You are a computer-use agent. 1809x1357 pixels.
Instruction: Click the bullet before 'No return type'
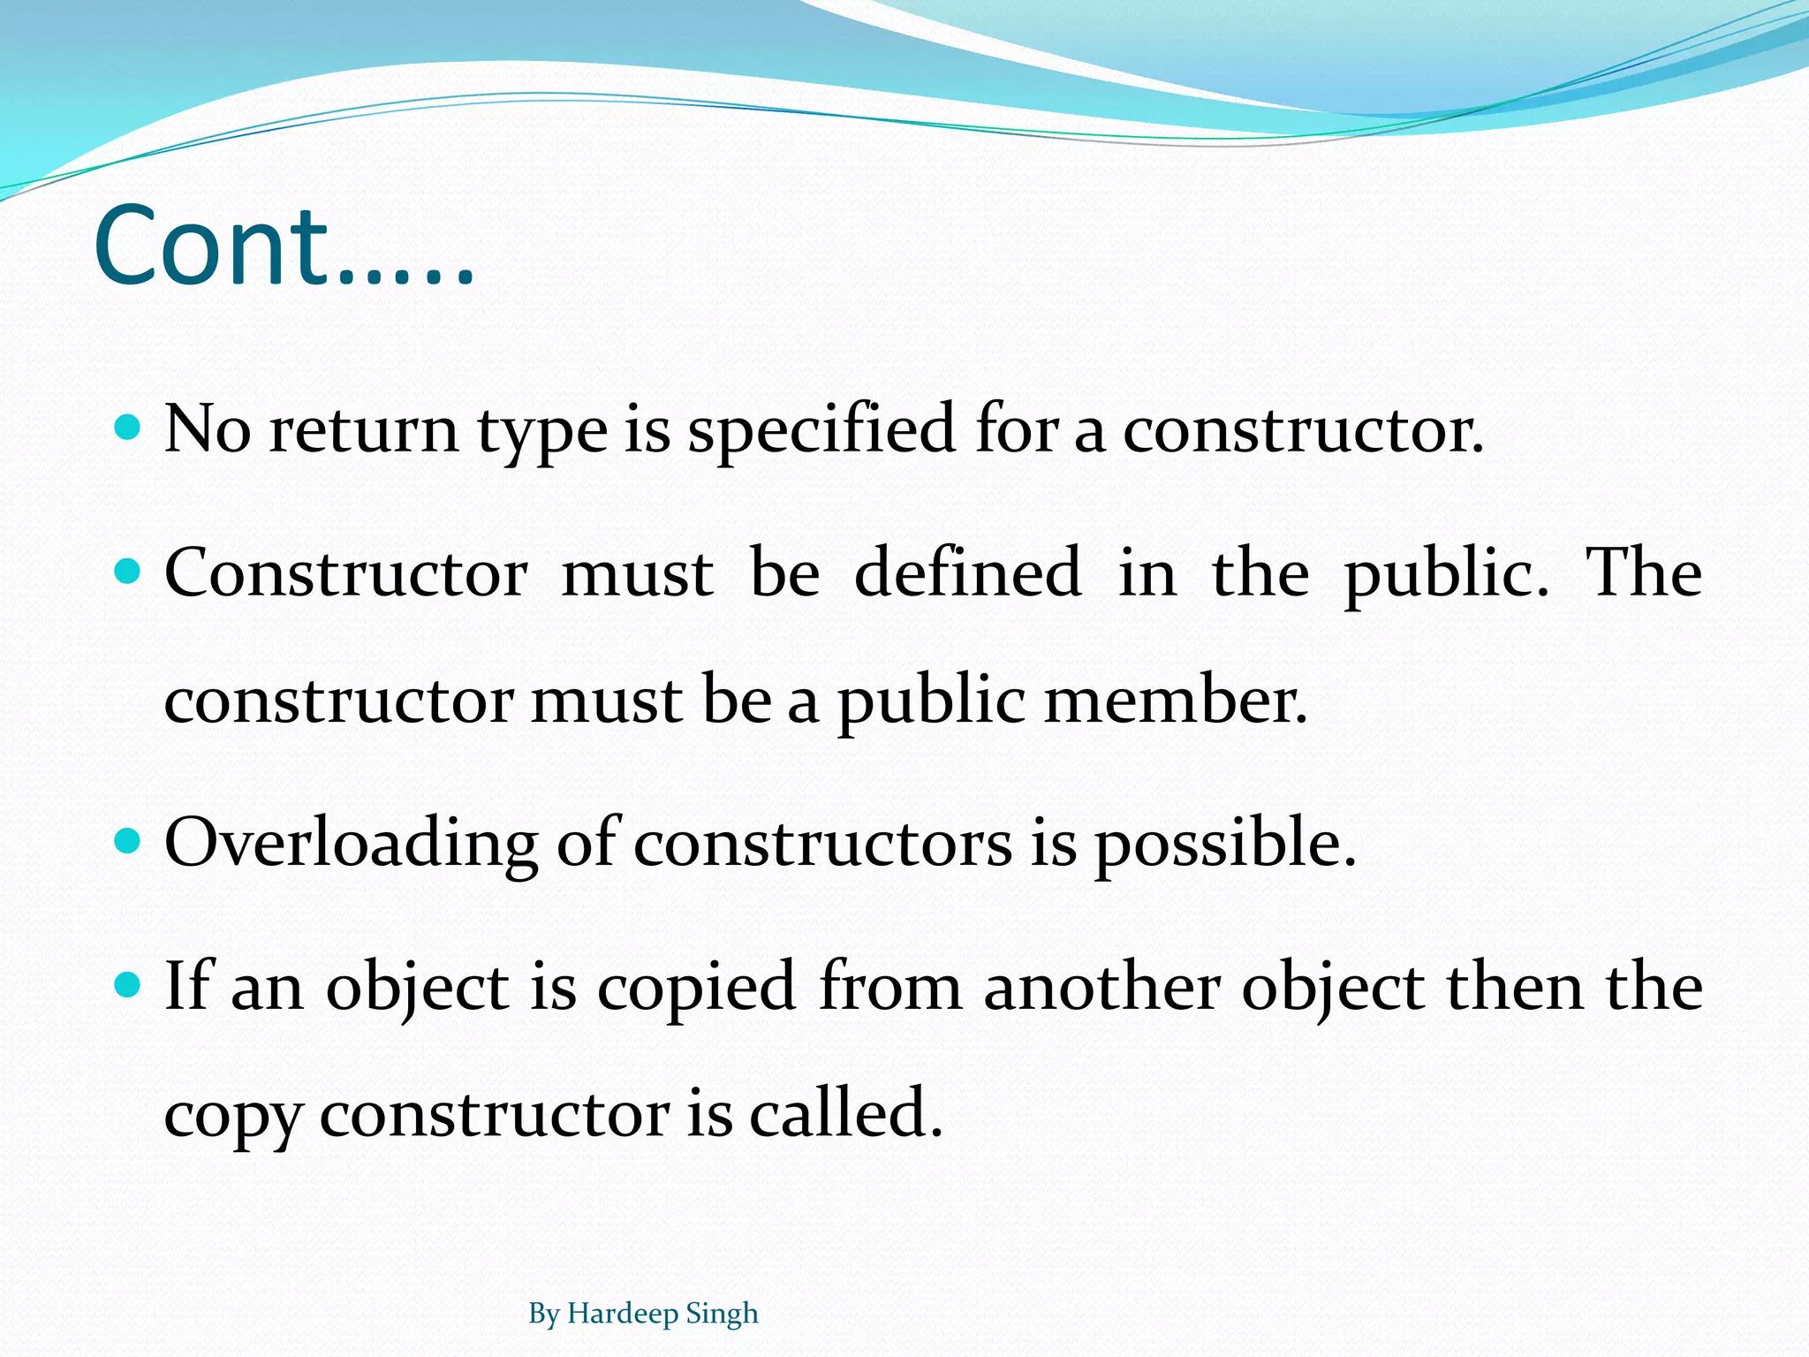129,428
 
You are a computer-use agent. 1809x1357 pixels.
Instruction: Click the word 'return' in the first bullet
364,430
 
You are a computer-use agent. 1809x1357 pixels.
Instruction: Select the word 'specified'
821,430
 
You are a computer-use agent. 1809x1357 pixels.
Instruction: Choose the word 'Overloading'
351,844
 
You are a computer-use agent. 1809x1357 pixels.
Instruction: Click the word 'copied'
697,988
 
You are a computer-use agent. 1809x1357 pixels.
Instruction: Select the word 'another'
1102,988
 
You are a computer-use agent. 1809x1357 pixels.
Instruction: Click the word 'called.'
846,1114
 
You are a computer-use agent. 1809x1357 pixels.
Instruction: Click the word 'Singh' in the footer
723,1315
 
